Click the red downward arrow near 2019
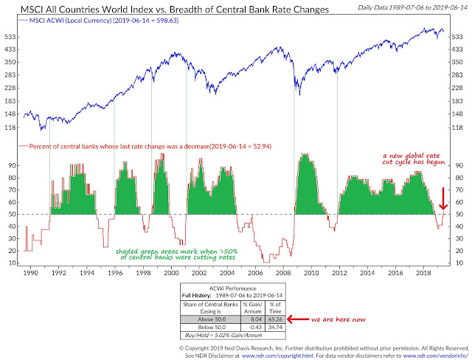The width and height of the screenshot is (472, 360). click(442, 198)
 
